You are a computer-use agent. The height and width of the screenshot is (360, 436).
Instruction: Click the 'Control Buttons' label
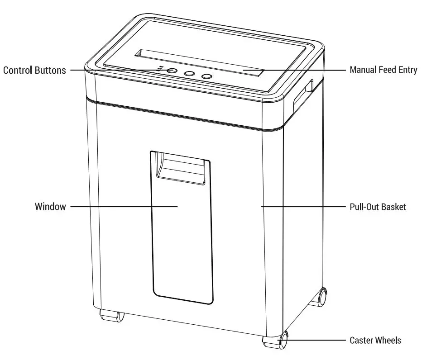[34, 70]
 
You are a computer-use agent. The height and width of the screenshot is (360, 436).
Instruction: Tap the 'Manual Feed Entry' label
[383, 70]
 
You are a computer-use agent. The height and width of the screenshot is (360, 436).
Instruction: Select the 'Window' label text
[50, 207]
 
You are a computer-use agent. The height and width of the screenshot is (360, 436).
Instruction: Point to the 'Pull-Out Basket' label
[378, 207]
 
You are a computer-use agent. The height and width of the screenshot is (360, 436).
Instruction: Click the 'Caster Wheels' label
[375, 340]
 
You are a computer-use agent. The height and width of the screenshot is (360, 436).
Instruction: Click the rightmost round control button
[206, 76]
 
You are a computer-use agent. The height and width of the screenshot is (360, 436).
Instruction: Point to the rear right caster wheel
[321, 296]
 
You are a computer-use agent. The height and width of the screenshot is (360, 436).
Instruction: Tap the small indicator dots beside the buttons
[159, 69]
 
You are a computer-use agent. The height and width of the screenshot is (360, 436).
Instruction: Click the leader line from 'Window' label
[122, 207]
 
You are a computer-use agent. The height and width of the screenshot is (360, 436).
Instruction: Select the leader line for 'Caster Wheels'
[317, 340]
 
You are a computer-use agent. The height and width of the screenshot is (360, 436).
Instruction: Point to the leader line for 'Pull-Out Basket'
[303, 207]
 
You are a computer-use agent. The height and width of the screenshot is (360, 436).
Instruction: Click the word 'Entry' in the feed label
[407, 70]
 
